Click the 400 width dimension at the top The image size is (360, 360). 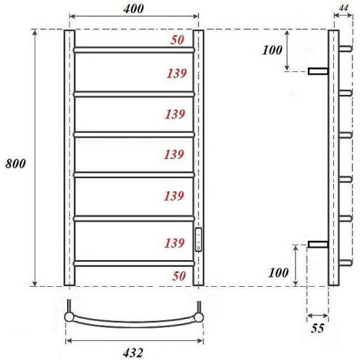click(133, 9)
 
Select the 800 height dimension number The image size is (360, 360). click(16, 164)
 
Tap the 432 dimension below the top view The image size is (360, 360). click(134, 352)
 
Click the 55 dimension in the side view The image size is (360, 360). click(317, 328)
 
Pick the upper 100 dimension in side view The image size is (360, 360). click(272, 50)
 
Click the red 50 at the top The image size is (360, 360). click(178, 40)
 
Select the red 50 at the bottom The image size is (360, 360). click(178, 276)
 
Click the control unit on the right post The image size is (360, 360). click(198, 240)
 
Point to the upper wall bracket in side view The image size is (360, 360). click(318, 71)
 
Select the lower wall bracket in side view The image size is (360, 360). click(318, 244)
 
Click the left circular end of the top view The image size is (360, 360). click(69, 317)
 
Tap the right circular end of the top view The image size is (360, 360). click(199, 317)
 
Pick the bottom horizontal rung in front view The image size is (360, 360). click(133, 263)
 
